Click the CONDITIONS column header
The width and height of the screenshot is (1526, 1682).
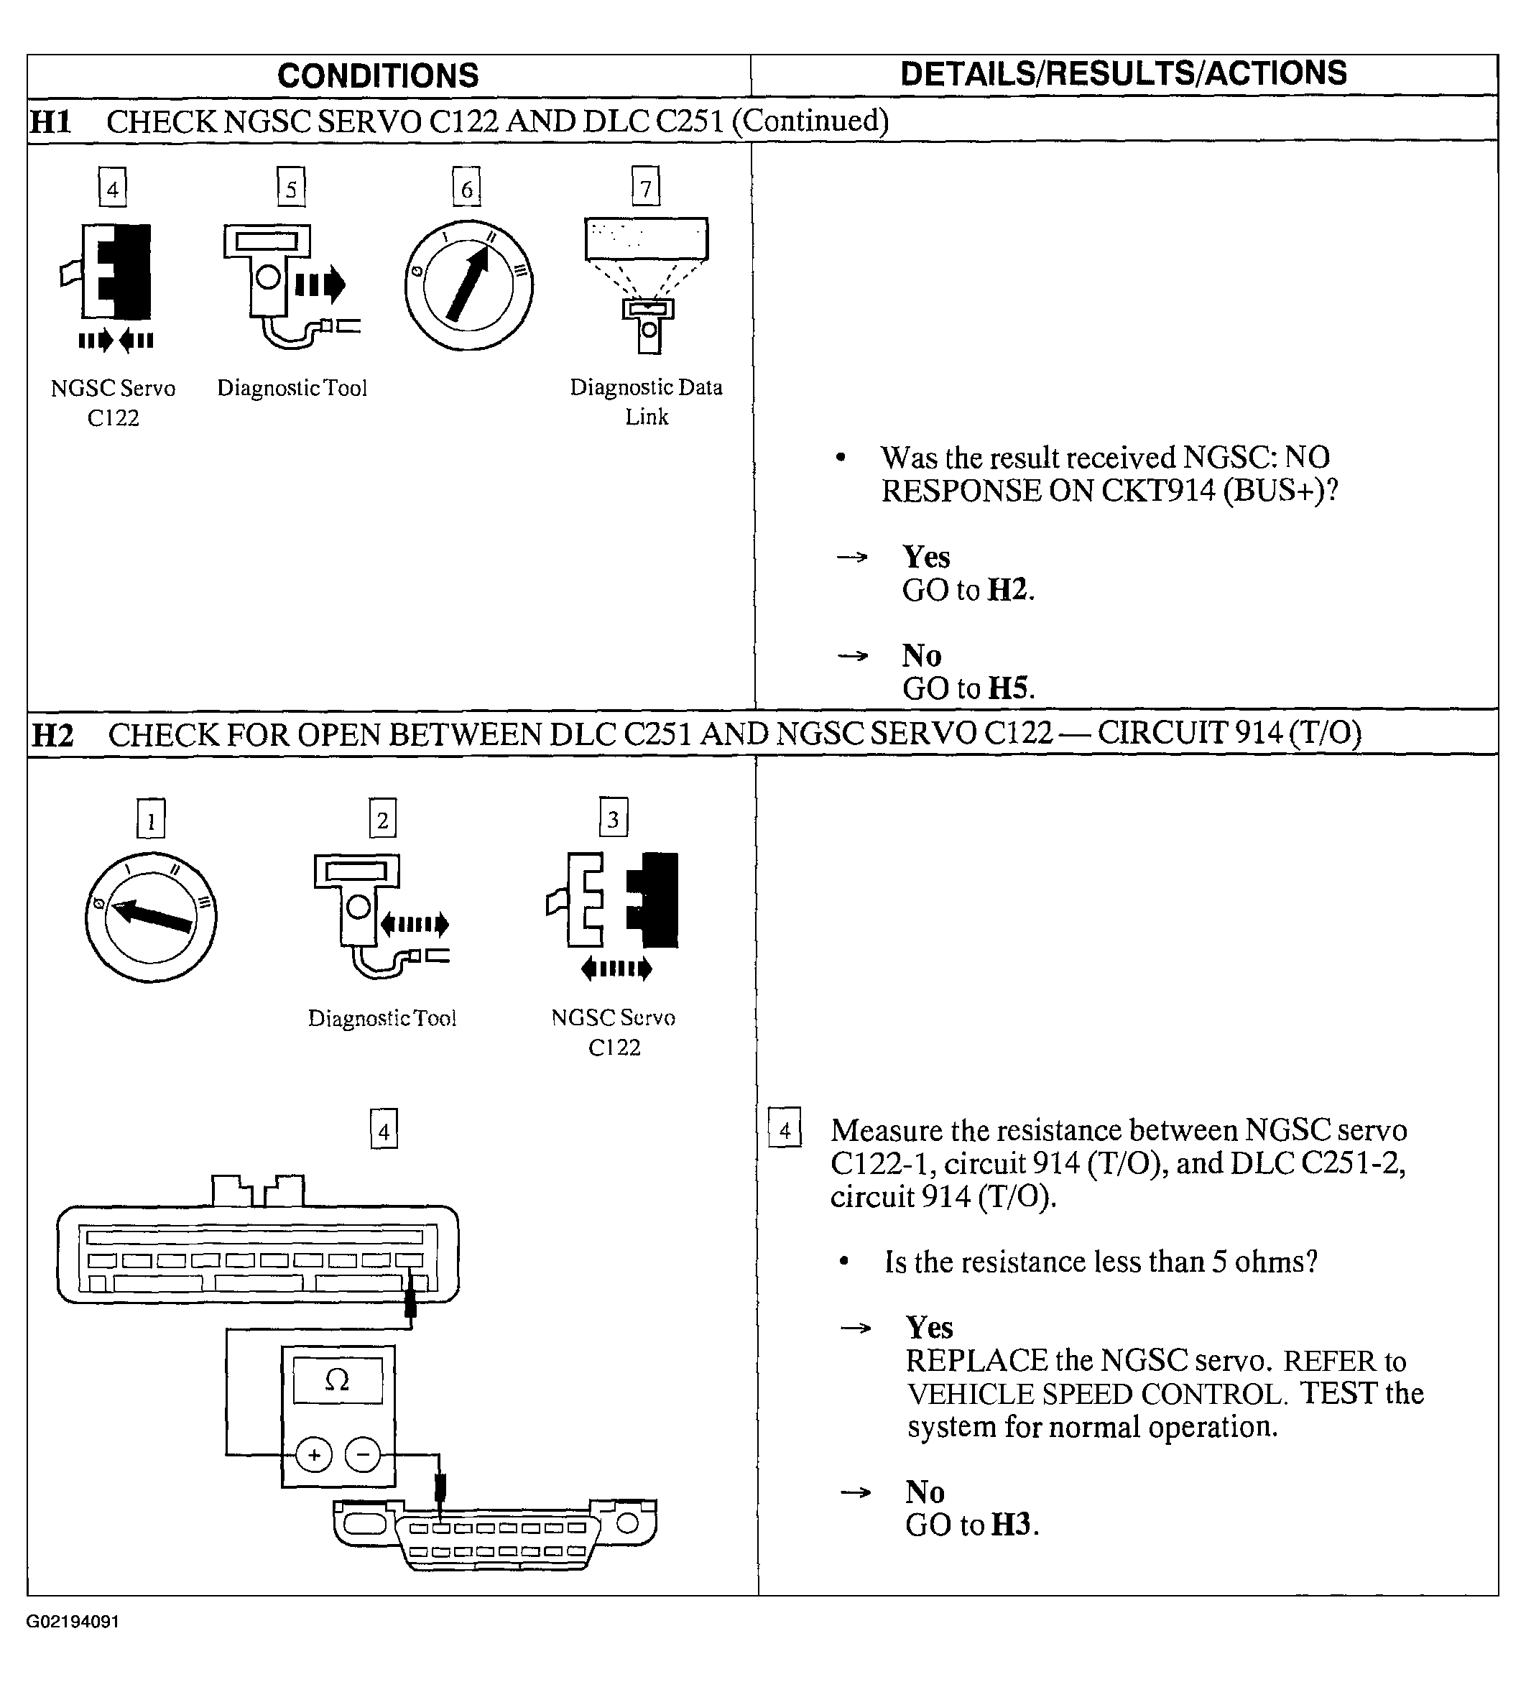pyautogui.click(x=378, y=76)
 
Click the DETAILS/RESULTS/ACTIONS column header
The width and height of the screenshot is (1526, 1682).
pyautogui.click(x=1123, y=74)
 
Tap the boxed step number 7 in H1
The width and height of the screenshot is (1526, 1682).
pyautogui.click(x=646, y=188)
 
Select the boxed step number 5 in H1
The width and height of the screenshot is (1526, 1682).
pyautogui.click(x=291, y=188)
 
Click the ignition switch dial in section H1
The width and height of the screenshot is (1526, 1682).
pyautogui.click(x=469, y=285)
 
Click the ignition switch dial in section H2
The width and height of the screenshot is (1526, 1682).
pyautogui.click(x=151, y=917)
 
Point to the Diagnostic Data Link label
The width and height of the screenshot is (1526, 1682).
pyautogui.click(x=647, y=402)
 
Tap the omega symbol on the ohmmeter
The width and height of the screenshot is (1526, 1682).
pyautogui.click(x=337, y=1381)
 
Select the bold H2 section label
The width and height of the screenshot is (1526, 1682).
pyautogui.click(x=52, y=735)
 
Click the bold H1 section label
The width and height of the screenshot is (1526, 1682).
pyautogui.click(x=50, y=122)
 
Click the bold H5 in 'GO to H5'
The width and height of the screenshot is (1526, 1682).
pyautogui.click(x=1008, y=688)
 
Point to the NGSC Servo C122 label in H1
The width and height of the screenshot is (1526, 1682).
pyautogui.click(x=114, y=402)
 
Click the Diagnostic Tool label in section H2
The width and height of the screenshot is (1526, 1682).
pyautogui.click(x=382, y=1018)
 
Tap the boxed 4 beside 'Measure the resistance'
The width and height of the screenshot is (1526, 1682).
pyautogui.click(x=785, y=1130)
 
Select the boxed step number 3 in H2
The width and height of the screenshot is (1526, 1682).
pyautogui.click(x=614, y=818)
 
